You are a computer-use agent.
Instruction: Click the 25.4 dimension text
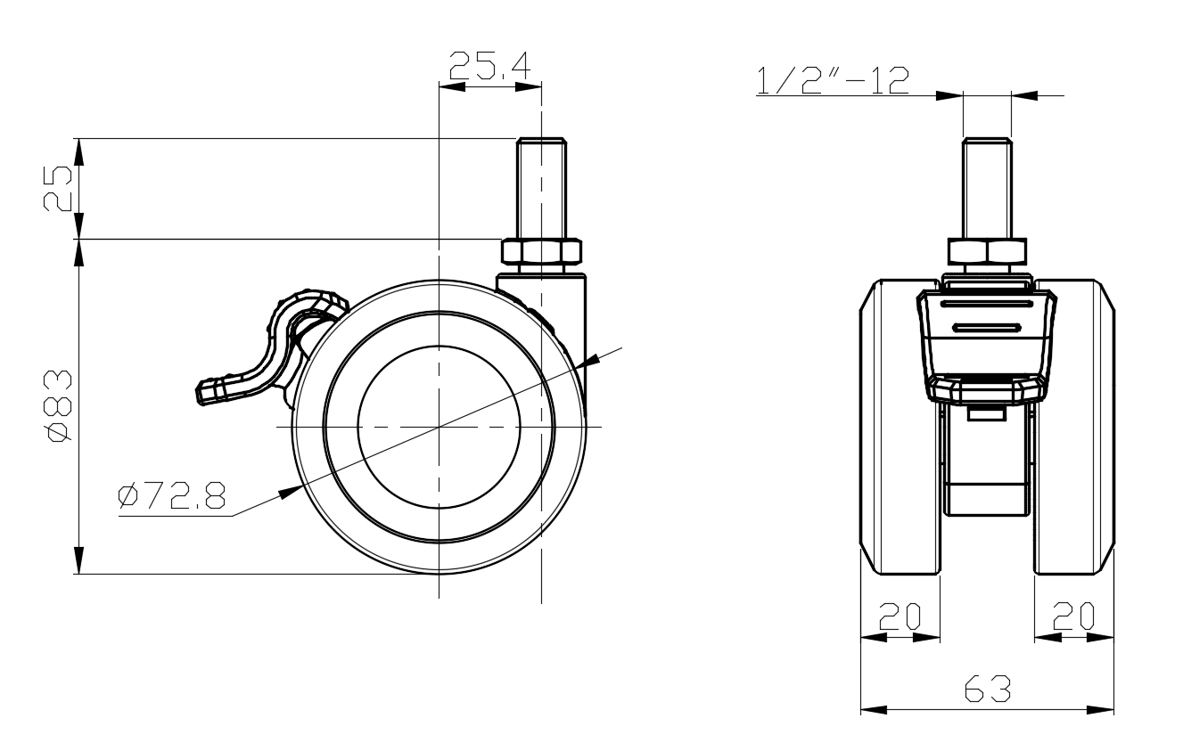pos(489,66)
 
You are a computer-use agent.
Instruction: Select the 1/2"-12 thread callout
pos(832,80)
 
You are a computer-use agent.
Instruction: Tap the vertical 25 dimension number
pos(59,188)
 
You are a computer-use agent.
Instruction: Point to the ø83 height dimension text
pos(59,405)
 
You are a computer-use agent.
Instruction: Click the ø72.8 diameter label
pos(171,496)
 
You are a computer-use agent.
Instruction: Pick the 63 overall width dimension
pos(987,690)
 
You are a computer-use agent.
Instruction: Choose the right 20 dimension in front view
pos(1072,616)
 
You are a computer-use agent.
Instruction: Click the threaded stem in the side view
pos(542,187)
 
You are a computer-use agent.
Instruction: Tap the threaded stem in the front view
pos(987,187)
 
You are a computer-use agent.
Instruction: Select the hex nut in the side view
pos(542,251)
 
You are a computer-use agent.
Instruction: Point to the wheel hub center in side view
pos(439,427)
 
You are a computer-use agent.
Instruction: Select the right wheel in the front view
pos(1074,426)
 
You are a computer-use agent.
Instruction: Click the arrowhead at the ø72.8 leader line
pos(288,490)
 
